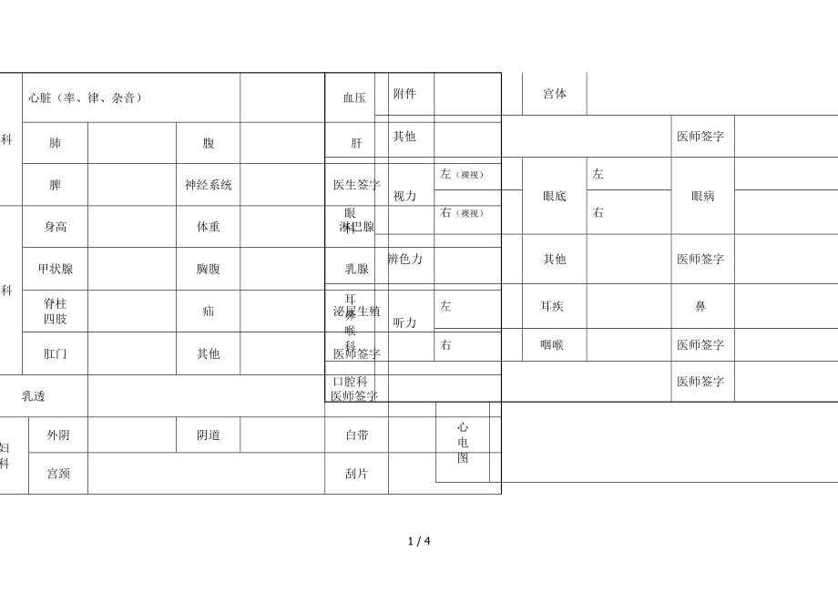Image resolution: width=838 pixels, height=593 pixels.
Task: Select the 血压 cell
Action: click(x=354, y=97)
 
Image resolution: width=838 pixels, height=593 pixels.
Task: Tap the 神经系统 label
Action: click(x=209, y=185)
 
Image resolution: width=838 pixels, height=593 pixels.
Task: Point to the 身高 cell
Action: click(x=56, y=227)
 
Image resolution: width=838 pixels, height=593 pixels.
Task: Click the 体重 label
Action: click(x=209, y=227)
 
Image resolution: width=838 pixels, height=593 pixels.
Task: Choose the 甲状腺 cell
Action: click(x=56, y=269)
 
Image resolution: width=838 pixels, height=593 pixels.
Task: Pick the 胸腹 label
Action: click(x=209, y=269)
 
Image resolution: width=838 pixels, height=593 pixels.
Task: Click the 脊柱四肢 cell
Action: click(x=56, y=311)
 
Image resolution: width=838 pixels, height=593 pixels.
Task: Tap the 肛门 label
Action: click(x=56, y=353)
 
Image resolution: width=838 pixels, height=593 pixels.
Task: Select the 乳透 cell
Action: click(x=34, y=396)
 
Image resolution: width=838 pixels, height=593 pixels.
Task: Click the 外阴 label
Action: click(x=58, y=435)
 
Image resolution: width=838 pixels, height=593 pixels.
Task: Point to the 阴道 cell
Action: click(x=209, y=435)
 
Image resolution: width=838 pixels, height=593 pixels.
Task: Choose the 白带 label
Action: click(x=357, y=435)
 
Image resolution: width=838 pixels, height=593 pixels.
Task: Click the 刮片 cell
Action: click(x=357, y=474)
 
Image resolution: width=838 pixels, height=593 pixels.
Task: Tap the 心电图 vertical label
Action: click(x=463, y=443)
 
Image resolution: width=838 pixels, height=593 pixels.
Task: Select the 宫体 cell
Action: click(x=555, y=94)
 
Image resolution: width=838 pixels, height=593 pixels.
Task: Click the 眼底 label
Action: click(x=555, y=196)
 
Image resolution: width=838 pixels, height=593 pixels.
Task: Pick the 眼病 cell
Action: click(x=702, y=196)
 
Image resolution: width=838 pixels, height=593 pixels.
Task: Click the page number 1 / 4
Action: click(x=419, y=541)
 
